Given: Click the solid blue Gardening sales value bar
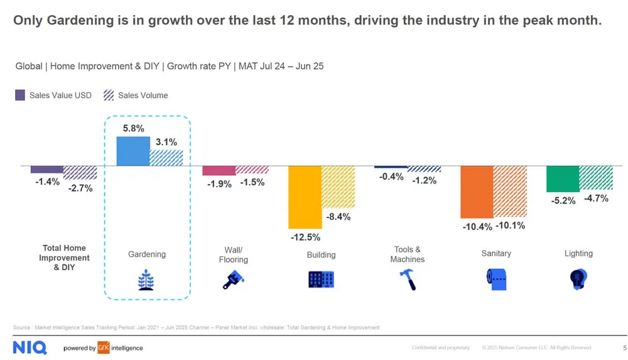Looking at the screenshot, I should (x=133, y=151).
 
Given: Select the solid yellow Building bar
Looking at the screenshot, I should (x=305, y=197).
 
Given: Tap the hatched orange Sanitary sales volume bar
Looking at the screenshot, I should (x=510, y=192).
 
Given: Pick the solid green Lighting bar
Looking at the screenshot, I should (x=562, y=179).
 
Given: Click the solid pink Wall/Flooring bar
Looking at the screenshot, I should (x=219, y=171).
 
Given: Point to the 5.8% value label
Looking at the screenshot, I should (x=133, y=129).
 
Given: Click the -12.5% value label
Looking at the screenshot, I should (x=305, y=237).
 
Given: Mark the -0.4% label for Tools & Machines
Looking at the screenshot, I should (x=391, y=177).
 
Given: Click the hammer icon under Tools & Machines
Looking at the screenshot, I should (x=407, y=279).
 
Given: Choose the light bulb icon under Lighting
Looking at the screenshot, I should (x=578, y=278).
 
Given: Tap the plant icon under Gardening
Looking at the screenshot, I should (x=147, y=279).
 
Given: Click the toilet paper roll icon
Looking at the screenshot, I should (x=496, y=279).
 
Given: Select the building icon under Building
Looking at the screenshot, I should (x=321, y=279).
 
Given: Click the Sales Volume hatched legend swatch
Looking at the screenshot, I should (x=108, y=95).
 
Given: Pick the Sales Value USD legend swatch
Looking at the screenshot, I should (x=19, y=95).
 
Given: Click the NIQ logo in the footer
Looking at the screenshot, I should (x=30, y=347).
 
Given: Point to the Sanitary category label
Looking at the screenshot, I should (x=496, y=253).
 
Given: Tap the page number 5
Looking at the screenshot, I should (x=624, y=347).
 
